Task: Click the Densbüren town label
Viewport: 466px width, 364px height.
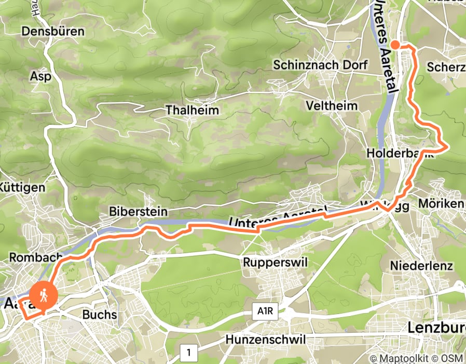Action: [53, 31]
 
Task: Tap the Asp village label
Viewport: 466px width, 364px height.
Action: [41, 76]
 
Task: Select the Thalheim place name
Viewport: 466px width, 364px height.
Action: [192, 110]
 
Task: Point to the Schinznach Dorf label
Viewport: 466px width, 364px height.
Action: [320, 65]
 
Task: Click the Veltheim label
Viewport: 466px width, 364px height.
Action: [332, 106]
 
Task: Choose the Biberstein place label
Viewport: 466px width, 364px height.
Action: [138, 212]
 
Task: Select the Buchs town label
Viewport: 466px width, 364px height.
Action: [100, 315]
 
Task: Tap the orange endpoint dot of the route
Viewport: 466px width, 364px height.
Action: [395, 45]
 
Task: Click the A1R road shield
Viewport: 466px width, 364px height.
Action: [266, 312]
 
